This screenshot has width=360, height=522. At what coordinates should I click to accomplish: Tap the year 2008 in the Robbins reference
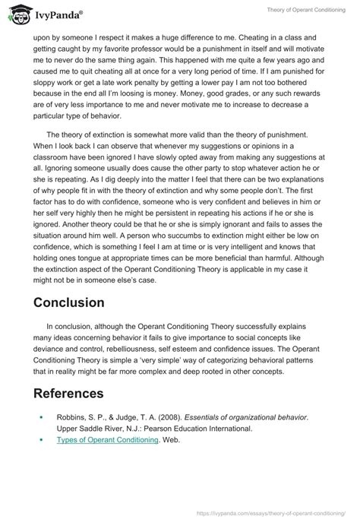tap(160, 416)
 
